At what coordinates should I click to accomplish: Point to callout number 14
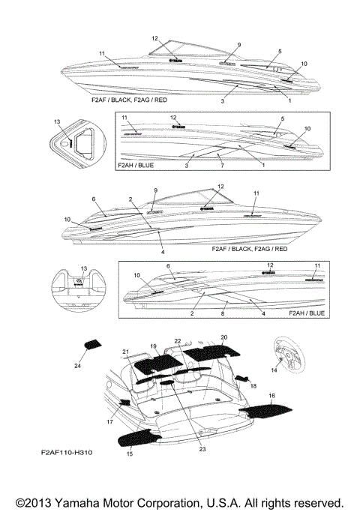click(x=273, y=370)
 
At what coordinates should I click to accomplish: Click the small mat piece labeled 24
click(x=93, y=345)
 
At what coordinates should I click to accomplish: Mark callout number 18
click(x=253, y=385)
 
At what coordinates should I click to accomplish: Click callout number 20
click(x=223, y=337)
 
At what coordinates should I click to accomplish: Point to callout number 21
click(x=126, y=352)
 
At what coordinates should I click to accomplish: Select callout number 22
click(x=178, y=341)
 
